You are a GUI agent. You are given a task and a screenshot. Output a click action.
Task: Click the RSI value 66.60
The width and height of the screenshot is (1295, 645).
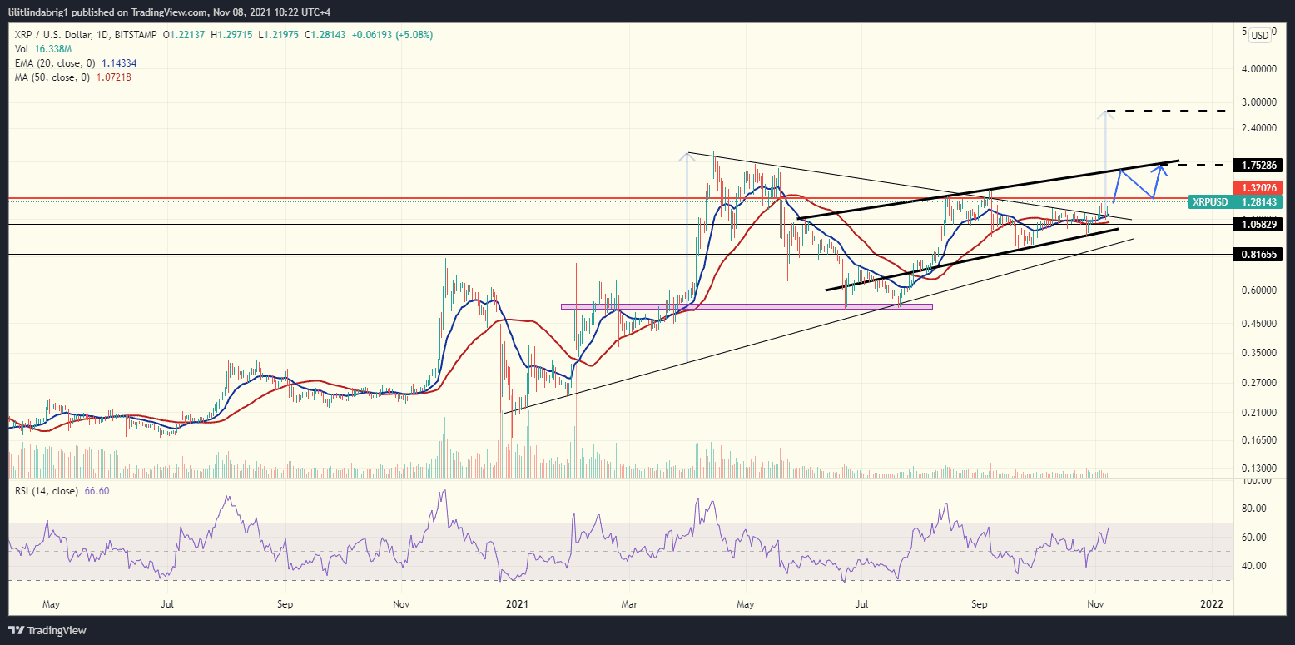pyautogui.click(x=97, y=491)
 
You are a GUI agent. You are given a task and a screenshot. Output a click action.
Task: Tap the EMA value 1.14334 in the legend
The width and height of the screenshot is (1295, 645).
pyautogui.click(x=120, y=62)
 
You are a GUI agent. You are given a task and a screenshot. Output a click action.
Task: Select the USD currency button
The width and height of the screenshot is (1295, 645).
pyautogui.click(x=1260, y=35)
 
